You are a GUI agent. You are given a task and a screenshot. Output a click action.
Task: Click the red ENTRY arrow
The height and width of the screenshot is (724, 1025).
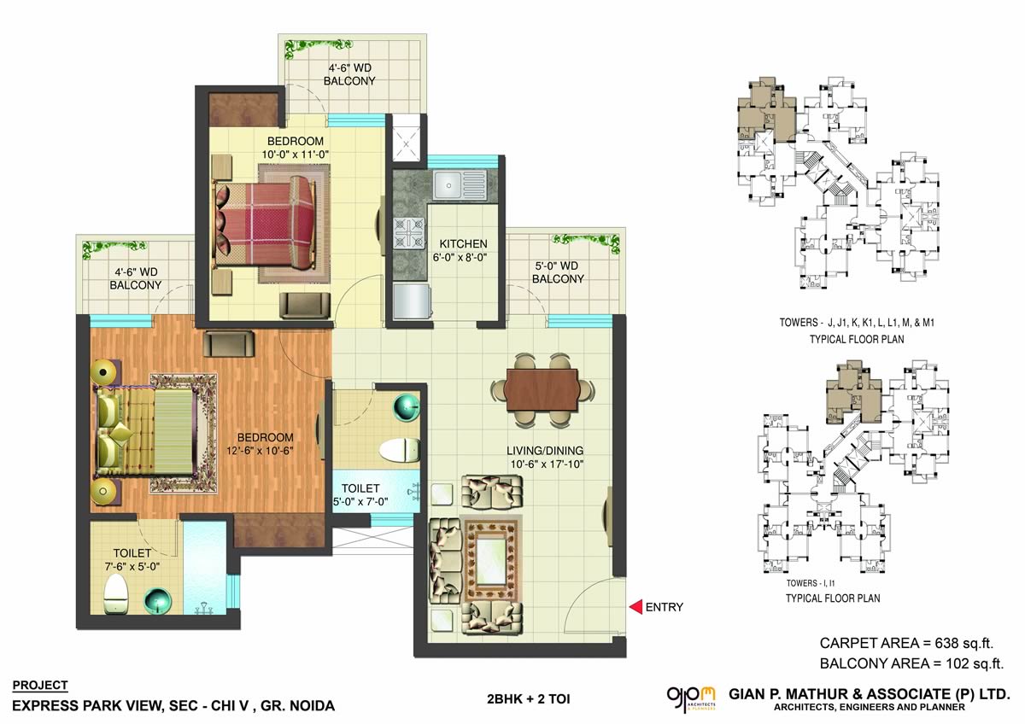(x=635, y=607)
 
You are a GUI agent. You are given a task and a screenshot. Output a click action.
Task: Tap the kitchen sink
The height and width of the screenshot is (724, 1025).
(x=458, y=184)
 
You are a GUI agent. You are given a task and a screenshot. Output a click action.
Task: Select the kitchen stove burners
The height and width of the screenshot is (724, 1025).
(x=407, y=232)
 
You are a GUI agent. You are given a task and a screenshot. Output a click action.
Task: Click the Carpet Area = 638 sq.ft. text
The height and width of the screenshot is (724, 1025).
(x=905, y=643)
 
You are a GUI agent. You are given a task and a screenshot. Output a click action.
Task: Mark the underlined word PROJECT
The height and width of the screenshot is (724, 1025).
(x=40, y=685)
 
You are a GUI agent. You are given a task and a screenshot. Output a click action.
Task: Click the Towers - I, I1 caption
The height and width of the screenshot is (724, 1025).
(x=820, y=584)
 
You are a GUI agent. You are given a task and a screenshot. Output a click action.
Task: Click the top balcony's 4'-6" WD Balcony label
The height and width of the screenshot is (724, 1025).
(x=350, y=74)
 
